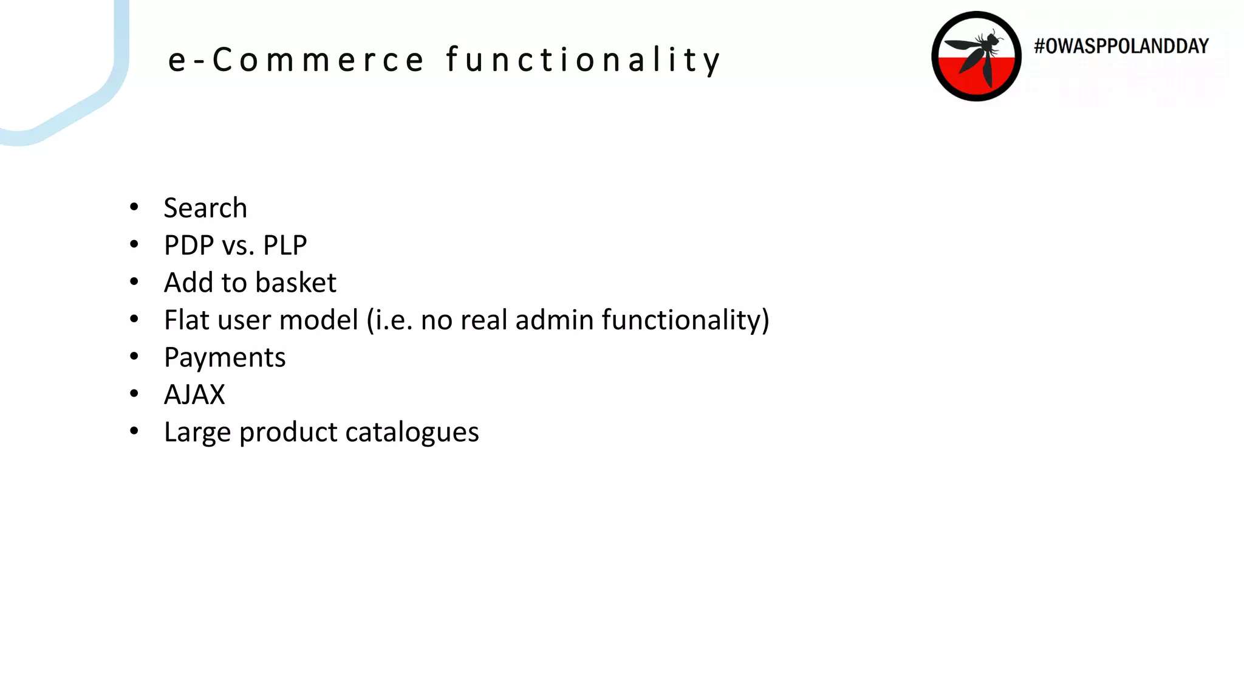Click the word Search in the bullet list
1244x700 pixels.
(205, 208)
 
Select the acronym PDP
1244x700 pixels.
(189, 245)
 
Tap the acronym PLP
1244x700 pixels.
(285, 245)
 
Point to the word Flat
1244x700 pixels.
(186, 320)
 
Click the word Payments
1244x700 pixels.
(225, 357)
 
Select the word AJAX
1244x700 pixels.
(194, 395)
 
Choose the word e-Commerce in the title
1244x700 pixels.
(296, 60)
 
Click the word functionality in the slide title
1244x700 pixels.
(583, 60)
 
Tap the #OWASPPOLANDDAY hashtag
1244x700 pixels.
(1121, 46)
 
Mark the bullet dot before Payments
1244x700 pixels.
(134, 357)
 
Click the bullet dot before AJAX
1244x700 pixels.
(134, 394)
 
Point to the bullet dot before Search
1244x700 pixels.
(134, 207)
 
